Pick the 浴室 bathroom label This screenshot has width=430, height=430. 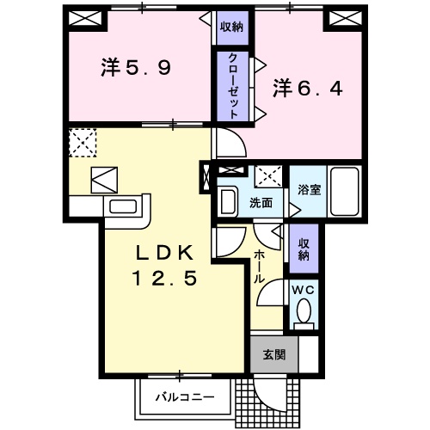309,189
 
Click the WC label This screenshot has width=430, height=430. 304,291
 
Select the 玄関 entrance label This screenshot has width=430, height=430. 273,355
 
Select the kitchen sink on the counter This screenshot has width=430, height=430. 125,207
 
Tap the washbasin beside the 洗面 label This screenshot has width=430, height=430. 228,202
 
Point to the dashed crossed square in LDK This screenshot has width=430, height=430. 83,142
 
